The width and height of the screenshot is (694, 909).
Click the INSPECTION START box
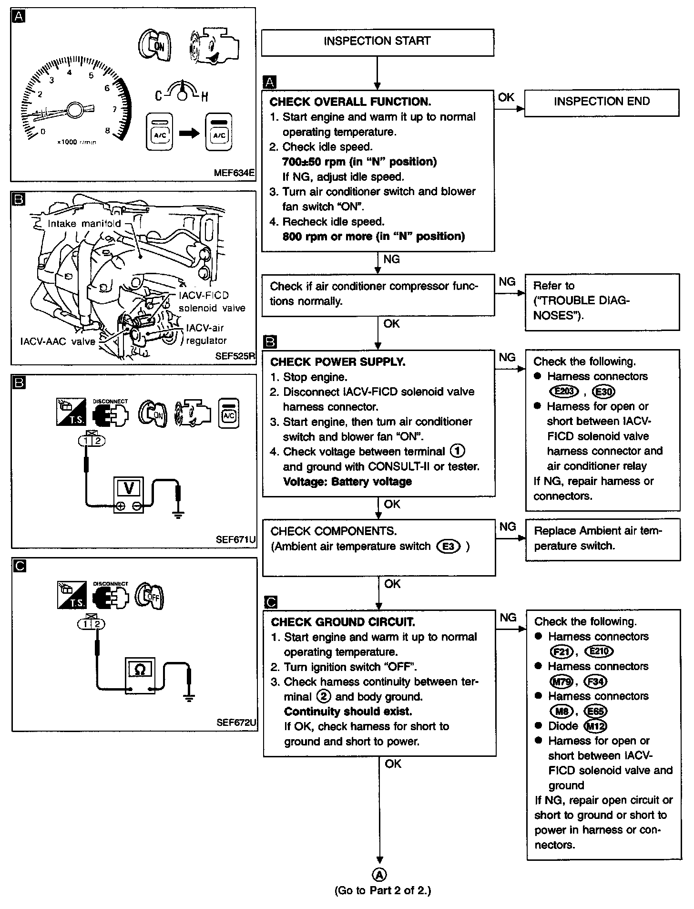[x=377, y=41]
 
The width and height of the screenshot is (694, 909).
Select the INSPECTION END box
[x=602, y=102]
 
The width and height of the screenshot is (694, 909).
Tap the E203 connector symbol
[x=564, y=392]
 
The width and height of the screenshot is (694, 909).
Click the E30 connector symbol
[x=603, y=392]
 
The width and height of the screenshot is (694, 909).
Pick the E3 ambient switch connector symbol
[x=449, y=547]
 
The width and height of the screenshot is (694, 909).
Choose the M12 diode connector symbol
[x=595, y=726]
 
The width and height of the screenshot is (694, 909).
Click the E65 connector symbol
[x=596, y=711]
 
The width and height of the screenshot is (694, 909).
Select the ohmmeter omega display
[x=140, y=670]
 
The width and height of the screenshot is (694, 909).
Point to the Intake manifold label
[x=84, y=223]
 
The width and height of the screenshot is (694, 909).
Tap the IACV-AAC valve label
[x=58, y=341]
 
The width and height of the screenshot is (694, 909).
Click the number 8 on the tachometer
[x=108, y=130]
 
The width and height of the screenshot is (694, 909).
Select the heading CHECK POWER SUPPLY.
[x=337, y=362]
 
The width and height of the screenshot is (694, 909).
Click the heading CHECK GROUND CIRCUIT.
[x=343, y=622]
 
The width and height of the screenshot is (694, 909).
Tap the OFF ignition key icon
[x=150, y=596]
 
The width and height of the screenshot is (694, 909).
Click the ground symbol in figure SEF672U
[x=189, y=697]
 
